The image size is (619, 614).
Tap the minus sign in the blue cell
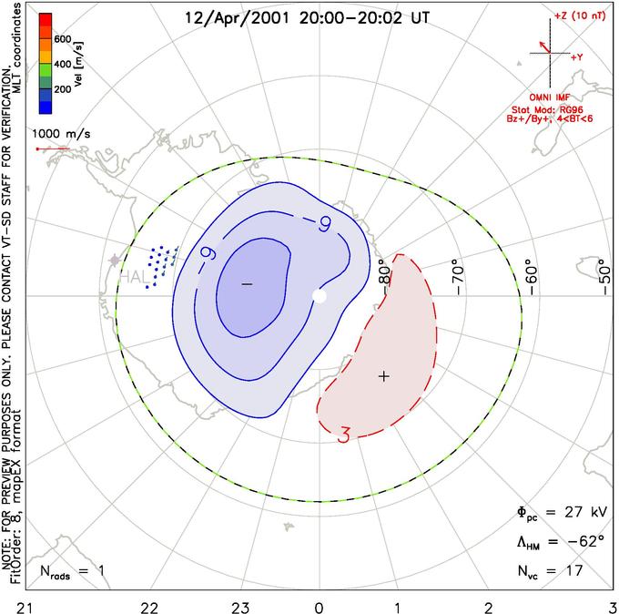(x=246, y=285)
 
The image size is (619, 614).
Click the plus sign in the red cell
(x=383, y=375)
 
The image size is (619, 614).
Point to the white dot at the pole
(x=319, y=296)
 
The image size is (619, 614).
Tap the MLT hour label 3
(x=611, y=605)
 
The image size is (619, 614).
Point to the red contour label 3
(x=344, y=435)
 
